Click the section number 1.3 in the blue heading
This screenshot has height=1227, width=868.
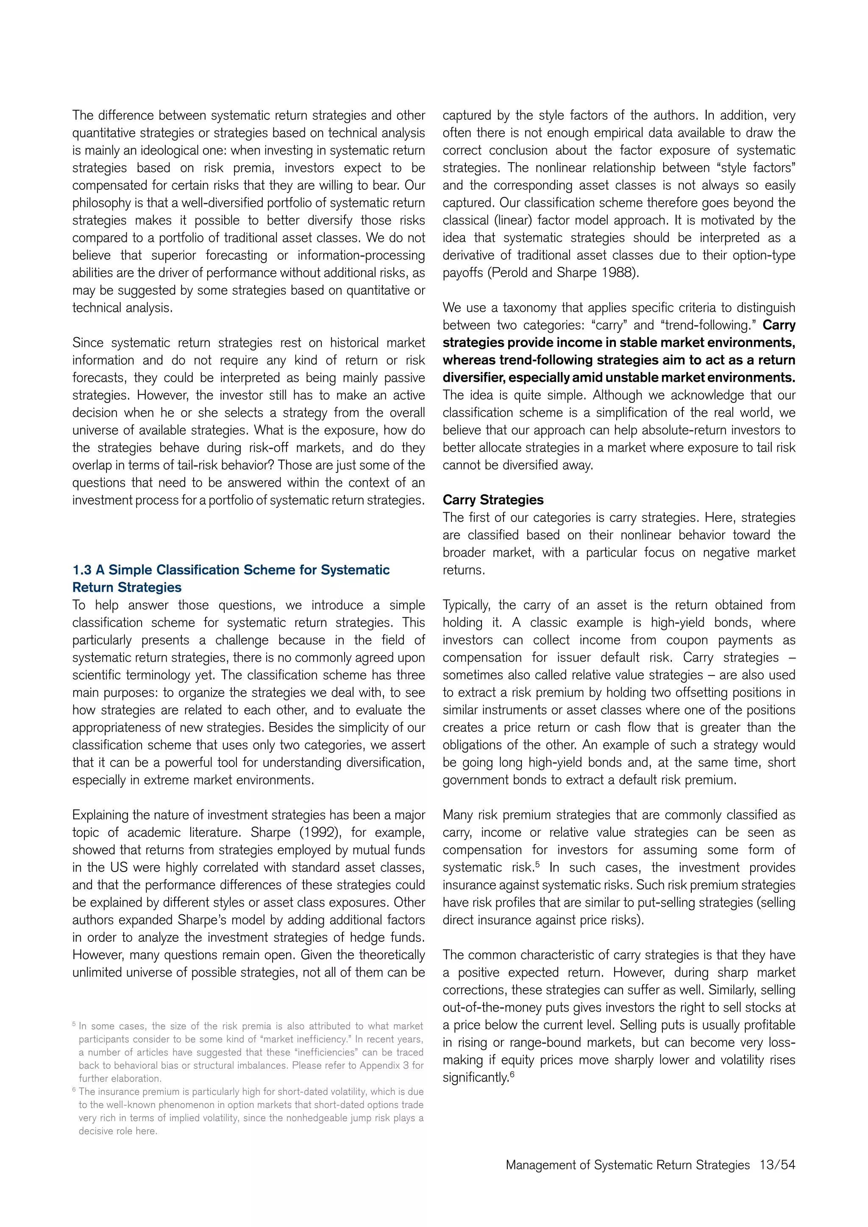pos(82,570)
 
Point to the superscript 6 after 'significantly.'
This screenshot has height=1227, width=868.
pos(512,1074)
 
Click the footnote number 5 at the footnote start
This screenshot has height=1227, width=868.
pos(74,1024)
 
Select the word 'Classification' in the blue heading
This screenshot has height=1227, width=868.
pos(198,570)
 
